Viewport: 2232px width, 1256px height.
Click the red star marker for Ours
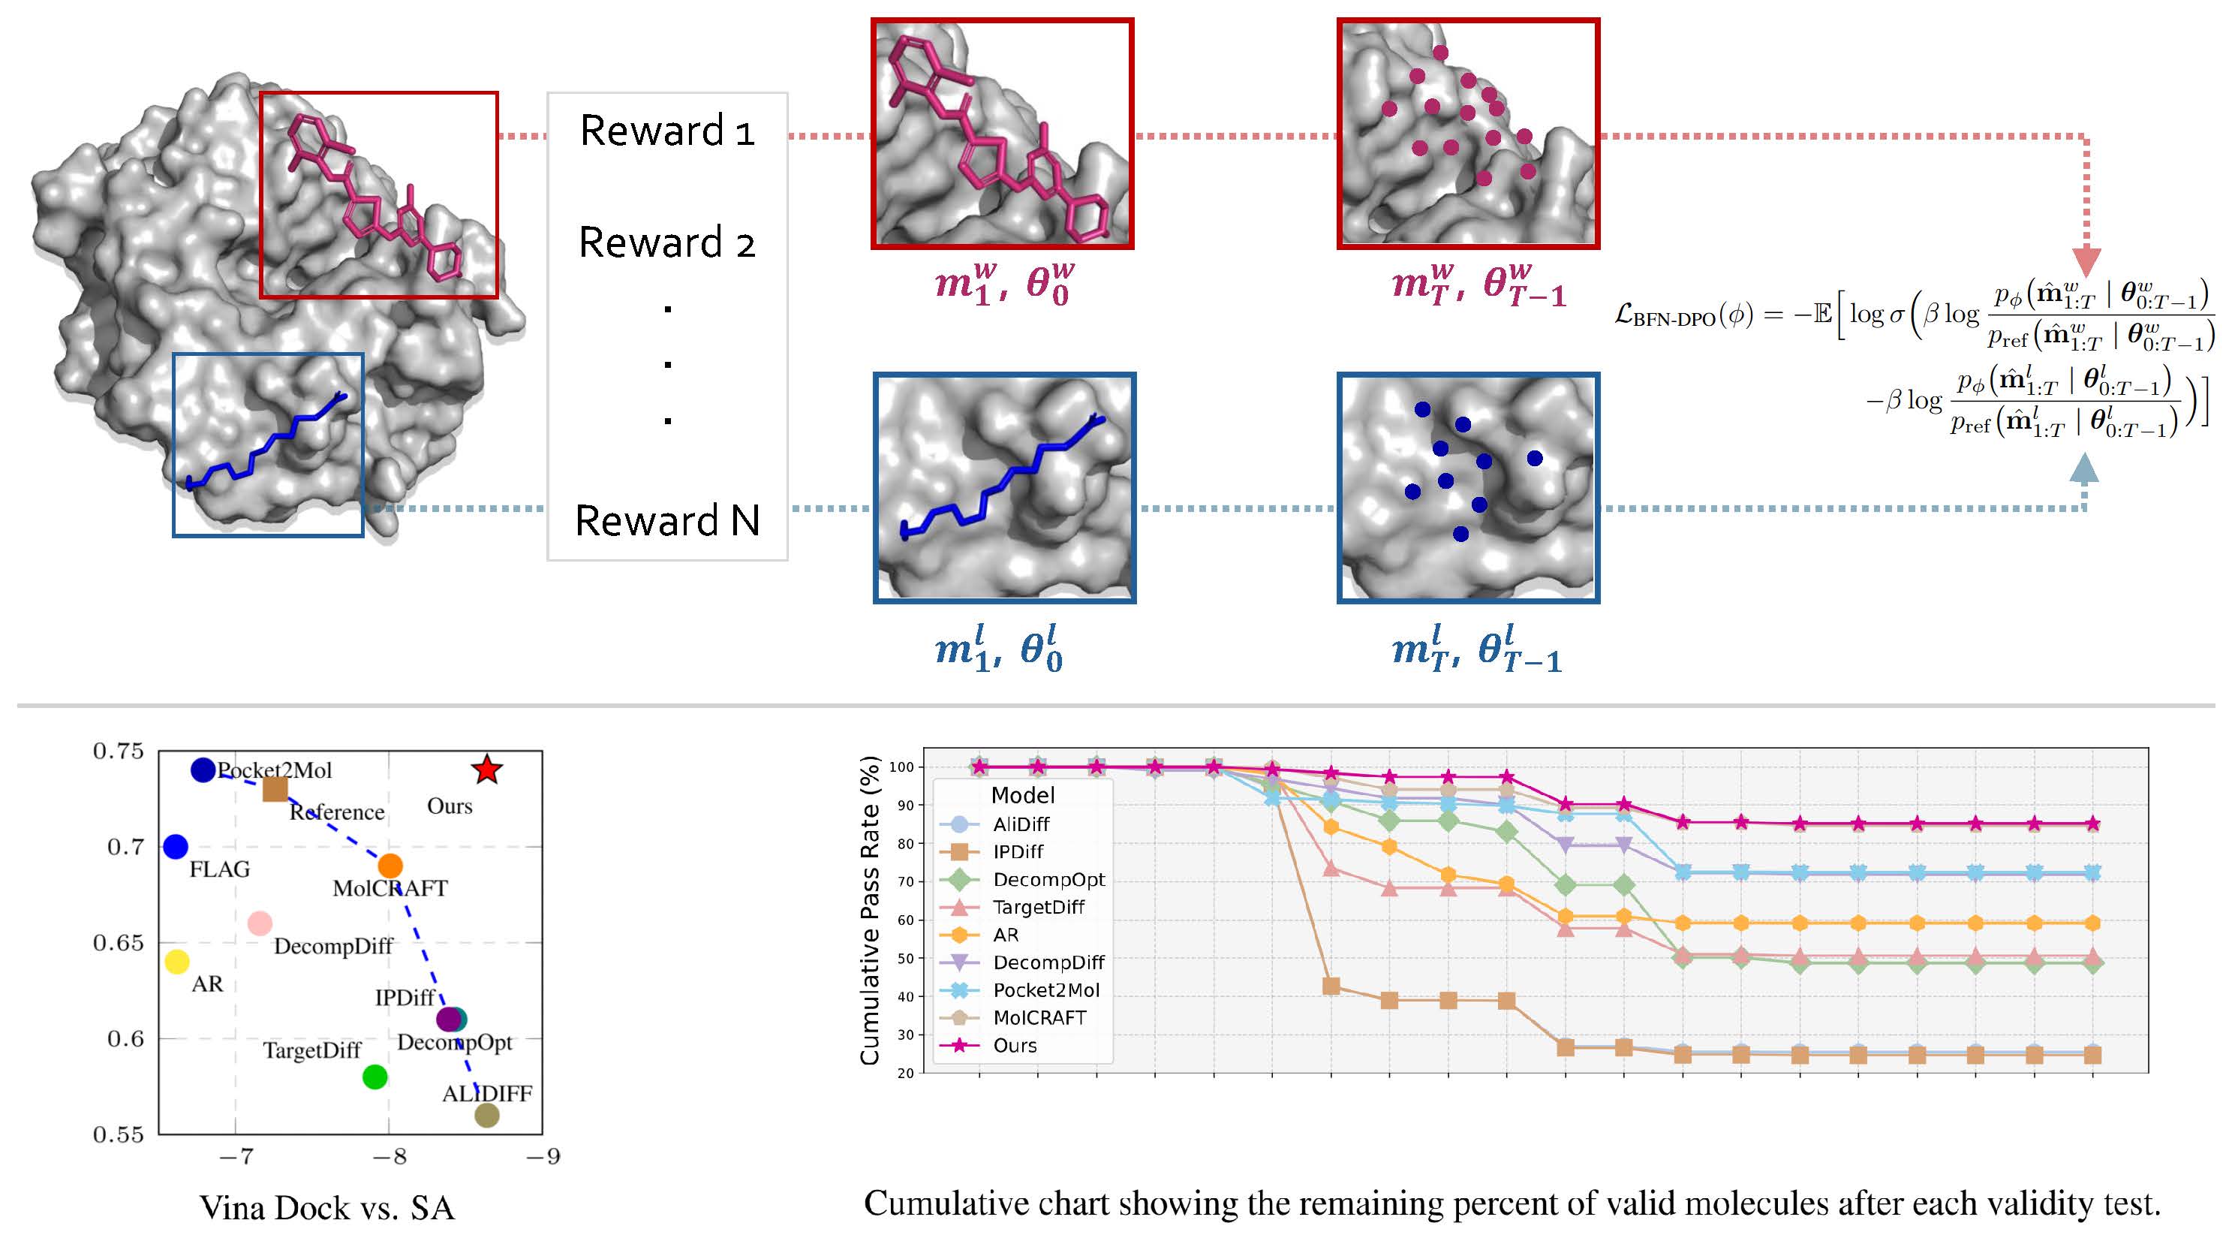(487, 769)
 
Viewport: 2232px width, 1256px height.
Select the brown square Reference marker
(275, 789)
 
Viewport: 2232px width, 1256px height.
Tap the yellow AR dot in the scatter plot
(177, 961)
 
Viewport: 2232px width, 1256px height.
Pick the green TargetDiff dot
(375, 1077)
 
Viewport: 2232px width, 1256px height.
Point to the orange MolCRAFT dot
(390, 865)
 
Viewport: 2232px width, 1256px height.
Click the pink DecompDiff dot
(260, 923)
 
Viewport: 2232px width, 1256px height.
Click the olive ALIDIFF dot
(487, 1116)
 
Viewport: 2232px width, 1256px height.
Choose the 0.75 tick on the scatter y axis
(119, 751)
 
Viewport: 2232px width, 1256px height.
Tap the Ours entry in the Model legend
(988, 1045)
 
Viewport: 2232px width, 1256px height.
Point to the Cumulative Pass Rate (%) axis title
(869, 910)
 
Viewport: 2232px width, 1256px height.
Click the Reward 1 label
(667, 131)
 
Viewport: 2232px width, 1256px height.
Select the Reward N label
(667, 521)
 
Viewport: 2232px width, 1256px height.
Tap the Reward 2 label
(667, 242)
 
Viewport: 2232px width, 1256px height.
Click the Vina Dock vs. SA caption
(326, 1207)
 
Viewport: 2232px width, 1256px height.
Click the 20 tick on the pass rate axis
(905, 1073)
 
